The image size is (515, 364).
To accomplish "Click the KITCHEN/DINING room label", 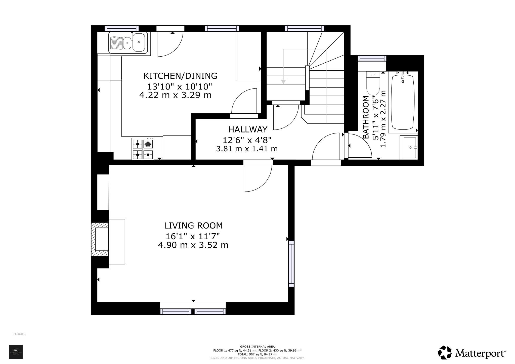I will point(180,76).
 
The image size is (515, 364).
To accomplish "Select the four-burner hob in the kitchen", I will point(143,149).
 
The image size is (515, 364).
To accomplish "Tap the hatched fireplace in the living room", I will point(100,239).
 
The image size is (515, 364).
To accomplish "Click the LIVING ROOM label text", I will point(193,225).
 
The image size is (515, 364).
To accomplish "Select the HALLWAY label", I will point(247,129).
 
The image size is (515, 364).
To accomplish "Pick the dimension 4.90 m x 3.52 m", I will point(193,245).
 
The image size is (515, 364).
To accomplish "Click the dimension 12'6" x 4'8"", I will point(247,140).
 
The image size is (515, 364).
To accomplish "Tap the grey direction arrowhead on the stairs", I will point(283,82).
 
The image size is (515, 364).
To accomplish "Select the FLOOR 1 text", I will point(20,334).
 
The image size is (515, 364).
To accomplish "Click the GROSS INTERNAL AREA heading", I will point(257,346).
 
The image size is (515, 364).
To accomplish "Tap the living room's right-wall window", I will point(291,263).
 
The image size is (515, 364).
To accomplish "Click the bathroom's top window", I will point(372,58).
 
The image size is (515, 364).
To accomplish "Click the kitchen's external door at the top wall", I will point(170,29).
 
